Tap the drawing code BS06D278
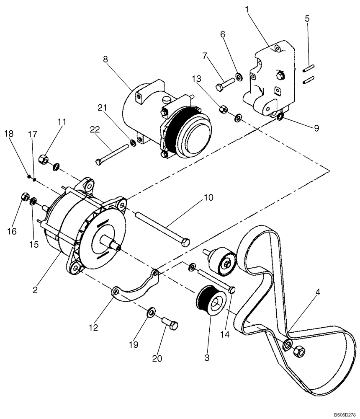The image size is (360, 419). tap(344, 414)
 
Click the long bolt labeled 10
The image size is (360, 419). tap(163, 227)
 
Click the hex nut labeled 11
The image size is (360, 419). tap(43, 160)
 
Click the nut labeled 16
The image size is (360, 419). tap(24, 197)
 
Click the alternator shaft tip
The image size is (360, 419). tap(119, 249)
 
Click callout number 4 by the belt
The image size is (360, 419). tap(318, 292)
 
